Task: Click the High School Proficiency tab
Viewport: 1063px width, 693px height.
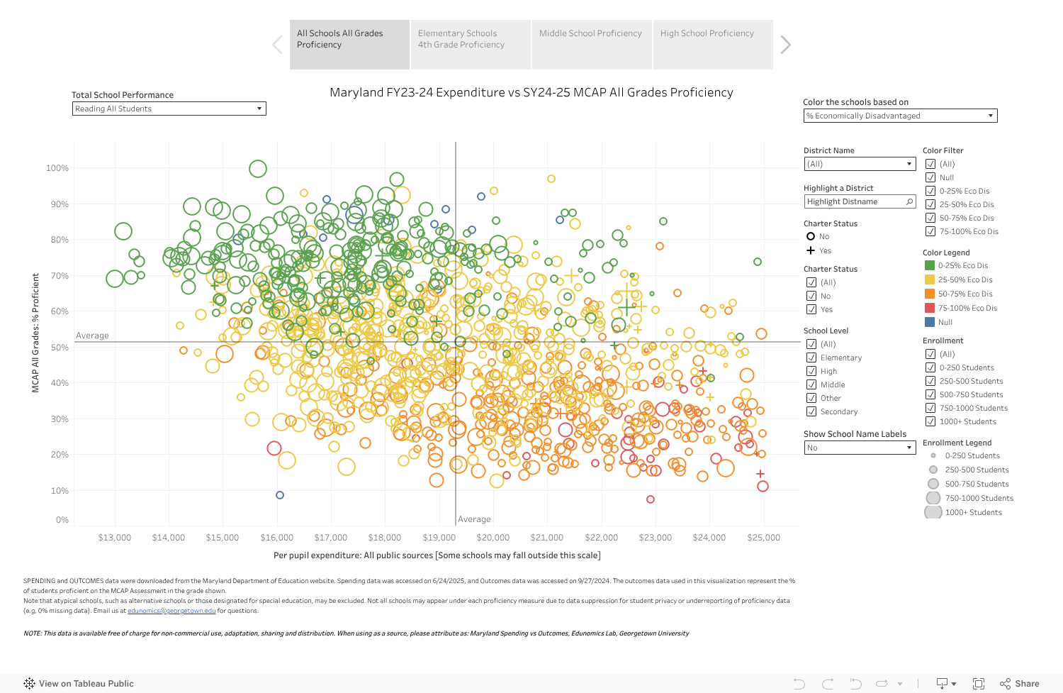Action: pyautogui.click(x=712, y=44)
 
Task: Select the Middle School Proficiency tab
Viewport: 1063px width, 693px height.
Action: pyautogui.click(x=591, y=44)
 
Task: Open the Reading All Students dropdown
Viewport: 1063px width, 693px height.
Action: pyautogui.click(x=169, y=109)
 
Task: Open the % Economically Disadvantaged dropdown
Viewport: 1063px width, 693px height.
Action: pyautogui.click(x=900, y=116)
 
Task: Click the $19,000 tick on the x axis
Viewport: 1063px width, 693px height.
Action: pyautogui.click(x=439, y=538)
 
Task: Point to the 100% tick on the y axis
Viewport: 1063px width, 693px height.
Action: pyautogui.click(x=57, y=168)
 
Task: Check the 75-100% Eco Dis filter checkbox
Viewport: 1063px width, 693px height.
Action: pyautogui.click(x=930, y=231)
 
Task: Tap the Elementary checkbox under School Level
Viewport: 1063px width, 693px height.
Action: pyautogui.click(x=811, y=357)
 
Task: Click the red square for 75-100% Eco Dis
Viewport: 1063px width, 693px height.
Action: pyautogui.click(x=930, y=308)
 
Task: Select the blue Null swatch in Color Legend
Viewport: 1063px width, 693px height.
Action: pyautogui.click(x=930, y=322)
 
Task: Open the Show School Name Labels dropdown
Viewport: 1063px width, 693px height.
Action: pyautogui.click(x=860, y=448)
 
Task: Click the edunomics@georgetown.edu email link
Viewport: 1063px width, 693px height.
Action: pyautogui.click(x=171, y=611)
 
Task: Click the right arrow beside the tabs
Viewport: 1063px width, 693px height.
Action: pyautogui.click(x=785, y=45)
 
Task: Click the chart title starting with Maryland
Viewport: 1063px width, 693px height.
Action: pyautogui.click(x=531, y=93)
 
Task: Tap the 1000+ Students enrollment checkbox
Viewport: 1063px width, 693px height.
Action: pyautogui.click(x=930, y=421)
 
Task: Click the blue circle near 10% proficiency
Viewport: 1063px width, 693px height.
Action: pyautogui.click(x=280, y=495)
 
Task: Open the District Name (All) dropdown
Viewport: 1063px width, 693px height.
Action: pyautogui.click(x=860, y=164)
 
